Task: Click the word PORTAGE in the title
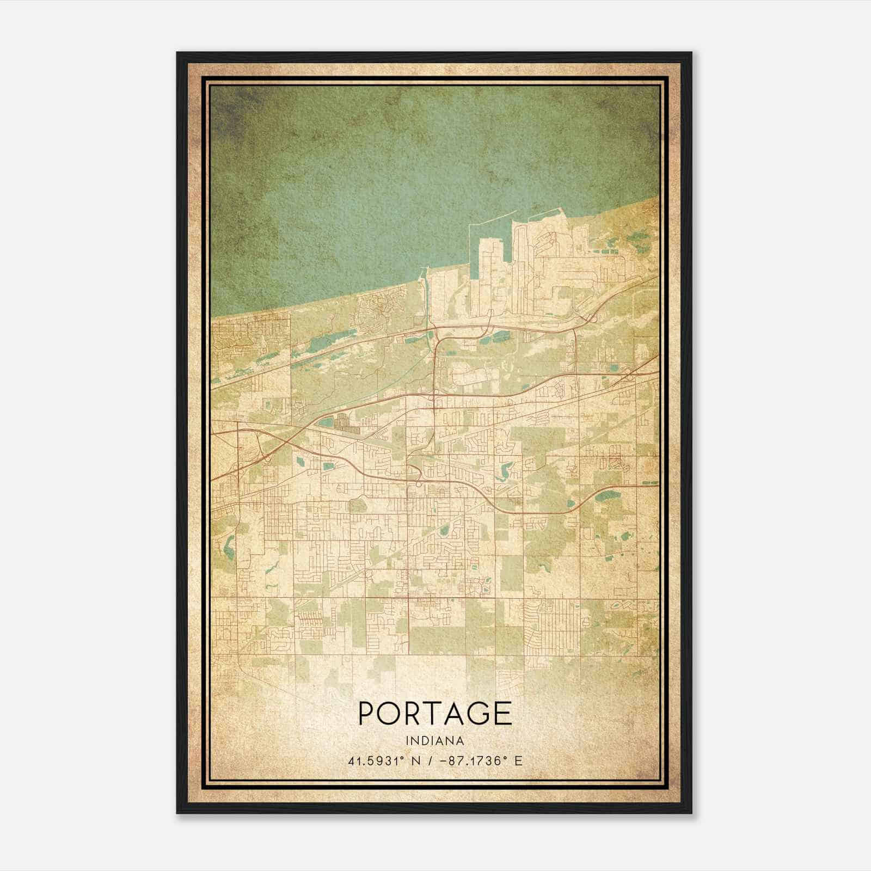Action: pyautogui.click(x=435, y=713)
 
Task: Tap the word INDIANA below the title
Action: pyautogui.click(x=435, y=741)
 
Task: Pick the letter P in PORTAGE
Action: pyautogui.click(x=367, y=713)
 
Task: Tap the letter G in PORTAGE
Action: pyautogui.click(x=477, y=713)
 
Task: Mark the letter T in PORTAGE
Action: pyautogui.click(x=433, y=713)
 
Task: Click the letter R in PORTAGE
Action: pyautogui.click(x=413, y=713)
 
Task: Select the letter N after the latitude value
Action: pyautogui.click(x=416, y=760)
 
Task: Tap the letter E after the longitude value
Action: pyautogui.click(x=518, y=760)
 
